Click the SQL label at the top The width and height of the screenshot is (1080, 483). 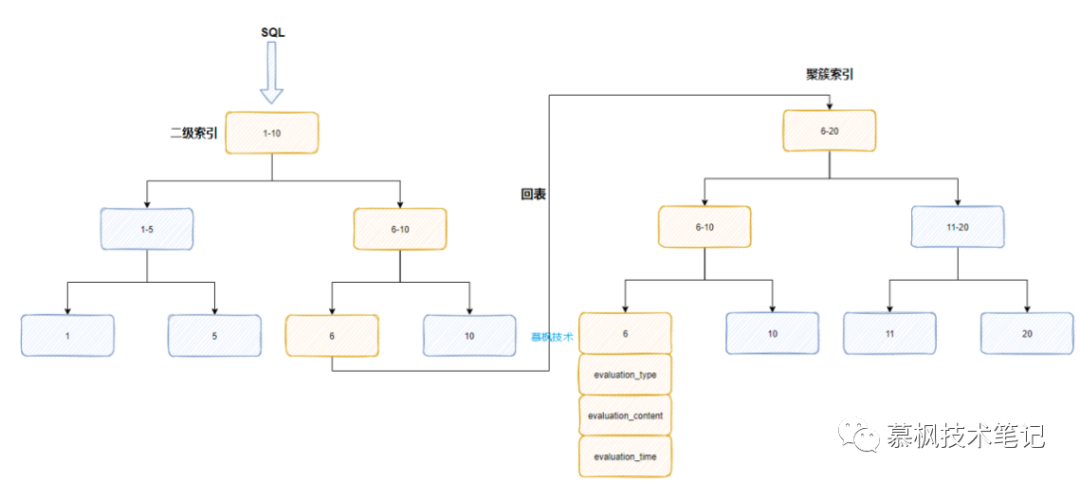tap(273, 32)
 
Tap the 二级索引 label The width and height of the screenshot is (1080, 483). tap(194, 132)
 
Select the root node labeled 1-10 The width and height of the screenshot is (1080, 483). tap(272, 132)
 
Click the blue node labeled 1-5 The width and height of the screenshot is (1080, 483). tap(147, 229)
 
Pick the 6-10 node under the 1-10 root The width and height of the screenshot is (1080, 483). tap(400, 229)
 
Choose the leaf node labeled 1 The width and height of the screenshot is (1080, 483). tap(67, 336)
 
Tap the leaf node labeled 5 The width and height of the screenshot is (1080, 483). tap(214, 336)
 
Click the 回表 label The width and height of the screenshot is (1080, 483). tap(533, 195)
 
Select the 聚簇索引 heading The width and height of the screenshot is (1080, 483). tap(829, 75)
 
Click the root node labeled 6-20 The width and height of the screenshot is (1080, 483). tap(829, 130)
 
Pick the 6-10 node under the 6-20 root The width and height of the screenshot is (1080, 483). tap(705, 227)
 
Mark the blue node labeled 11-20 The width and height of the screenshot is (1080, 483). tap(958, 227)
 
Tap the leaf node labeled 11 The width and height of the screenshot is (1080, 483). tap(890, 333)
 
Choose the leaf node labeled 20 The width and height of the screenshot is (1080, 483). tap(1027, 333)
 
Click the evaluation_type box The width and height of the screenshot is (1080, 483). tap(625, 374)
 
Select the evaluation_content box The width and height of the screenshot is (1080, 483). tap(625, 415)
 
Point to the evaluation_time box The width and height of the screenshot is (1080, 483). tap(625, 456)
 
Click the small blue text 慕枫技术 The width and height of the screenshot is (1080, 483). tap(551, 337)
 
